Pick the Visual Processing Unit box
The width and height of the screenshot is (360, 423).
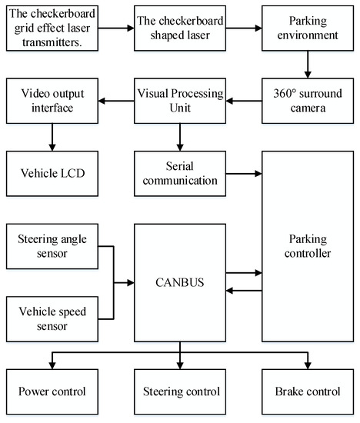pyautogui.click(x=179, y=99)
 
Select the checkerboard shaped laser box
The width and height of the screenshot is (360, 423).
pyautogui.click(x=179, y=28)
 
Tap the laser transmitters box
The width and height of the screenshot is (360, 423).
pyautogui.click(x=53, y=28)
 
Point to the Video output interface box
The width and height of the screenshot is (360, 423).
pyautogui.click(x=53, y=99)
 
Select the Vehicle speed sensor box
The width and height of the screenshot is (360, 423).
pyautogui.click(x=53, y=317)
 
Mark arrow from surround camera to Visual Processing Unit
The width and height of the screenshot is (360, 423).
pyautogui.click(x=243, y=99)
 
